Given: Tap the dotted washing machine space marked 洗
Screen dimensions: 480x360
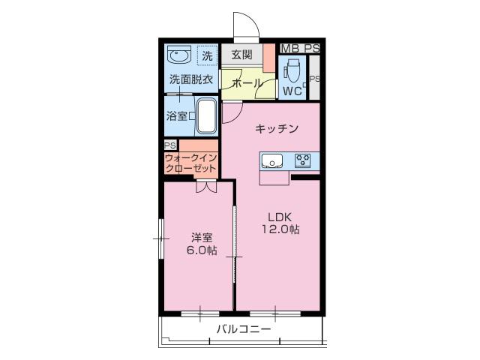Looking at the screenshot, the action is [207, 55].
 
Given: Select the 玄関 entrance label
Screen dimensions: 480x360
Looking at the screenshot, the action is [241, 55].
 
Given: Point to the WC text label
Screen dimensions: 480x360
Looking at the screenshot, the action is [292, 91].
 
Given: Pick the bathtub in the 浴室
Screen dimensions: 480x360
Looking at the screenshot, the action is [207, 115].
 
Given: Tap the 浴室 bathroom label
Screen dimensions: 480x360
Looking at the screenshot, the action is [177, 116].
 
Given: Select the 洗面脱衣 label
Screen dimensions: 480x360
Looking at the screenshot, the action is [191, 80].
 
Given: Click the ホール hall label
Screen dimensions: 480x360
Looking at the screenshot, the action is [247, 83].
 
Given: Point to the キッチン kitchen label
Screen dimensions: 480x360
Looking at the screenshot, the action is [277, 128].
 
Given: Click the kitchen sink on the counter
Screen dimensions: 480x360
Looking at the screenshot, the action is [271, 160].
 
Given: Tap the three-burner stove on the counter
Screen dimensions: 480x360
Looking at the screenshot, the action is [303, 160].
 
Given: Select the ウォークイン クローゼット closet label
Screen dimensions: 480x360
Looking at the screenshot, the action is [191, 163].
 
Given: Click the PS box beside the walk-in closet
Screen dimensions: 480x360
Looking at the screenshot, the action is [170, 145].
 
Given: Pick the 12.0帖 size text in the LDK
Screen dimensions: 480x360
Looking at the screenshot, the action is [280, 229].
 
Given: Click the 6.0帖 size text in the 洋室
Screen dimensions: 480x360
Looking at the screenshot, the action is [202, 250].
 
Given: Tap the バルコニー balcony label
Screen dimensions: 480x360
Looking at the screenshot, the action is [244, 329].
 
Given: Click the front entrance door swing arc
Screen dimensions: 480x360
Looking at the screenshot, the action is [253, 20].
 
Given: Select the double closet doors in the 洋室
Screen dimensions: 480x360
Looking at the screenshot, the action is [206, 187].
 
